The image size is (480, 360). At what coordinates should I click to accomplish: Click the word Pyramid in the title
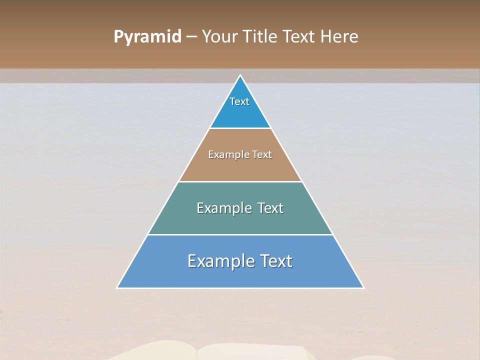pos(147,37)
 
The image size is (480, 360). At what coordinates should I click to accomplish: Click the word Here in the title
pos(339,37)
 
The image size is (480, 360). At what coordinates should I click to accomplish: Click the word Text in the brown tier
pos(262,155)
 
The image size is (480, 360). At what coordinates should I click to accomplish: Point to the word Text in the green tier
pos(270,208)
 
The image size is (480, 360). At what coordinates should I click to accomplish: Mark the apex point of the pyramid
pos(240,75)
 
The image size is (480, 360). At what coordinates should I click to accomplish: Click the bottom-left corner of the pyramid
pos(117,287)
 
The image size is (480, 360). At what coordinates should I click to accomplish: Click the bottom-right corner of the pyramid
pos(363,287)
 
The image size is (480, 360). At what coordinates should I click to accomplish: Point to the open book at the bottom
pos(210,351)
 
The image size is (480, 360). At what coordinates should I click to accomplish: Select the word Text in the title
pos(300,37)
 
